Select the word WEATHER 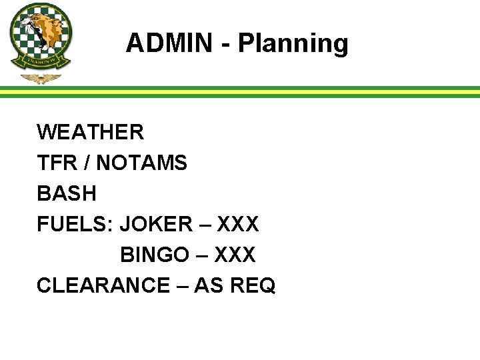[90, 132]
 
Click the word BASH [67, 193]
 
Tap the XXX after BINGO [234, 255]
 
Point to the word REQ [252, 285]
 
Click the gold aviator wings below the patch [41, 79]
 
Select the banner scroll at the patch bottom [41, 63]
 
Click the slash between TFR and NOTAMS [85, 163]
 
